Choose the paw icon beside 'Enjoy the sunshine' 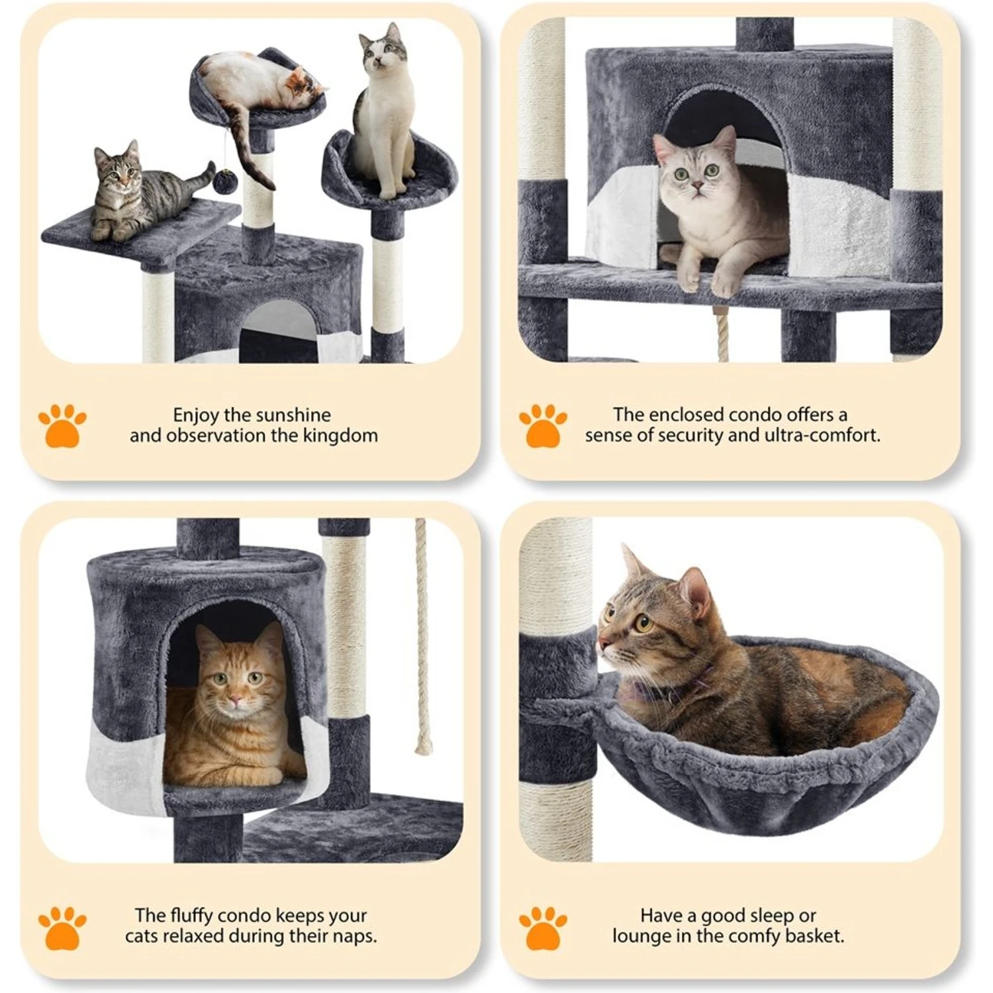tap(62, 426)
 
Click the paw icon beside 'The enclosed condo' tap(543, 426)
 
